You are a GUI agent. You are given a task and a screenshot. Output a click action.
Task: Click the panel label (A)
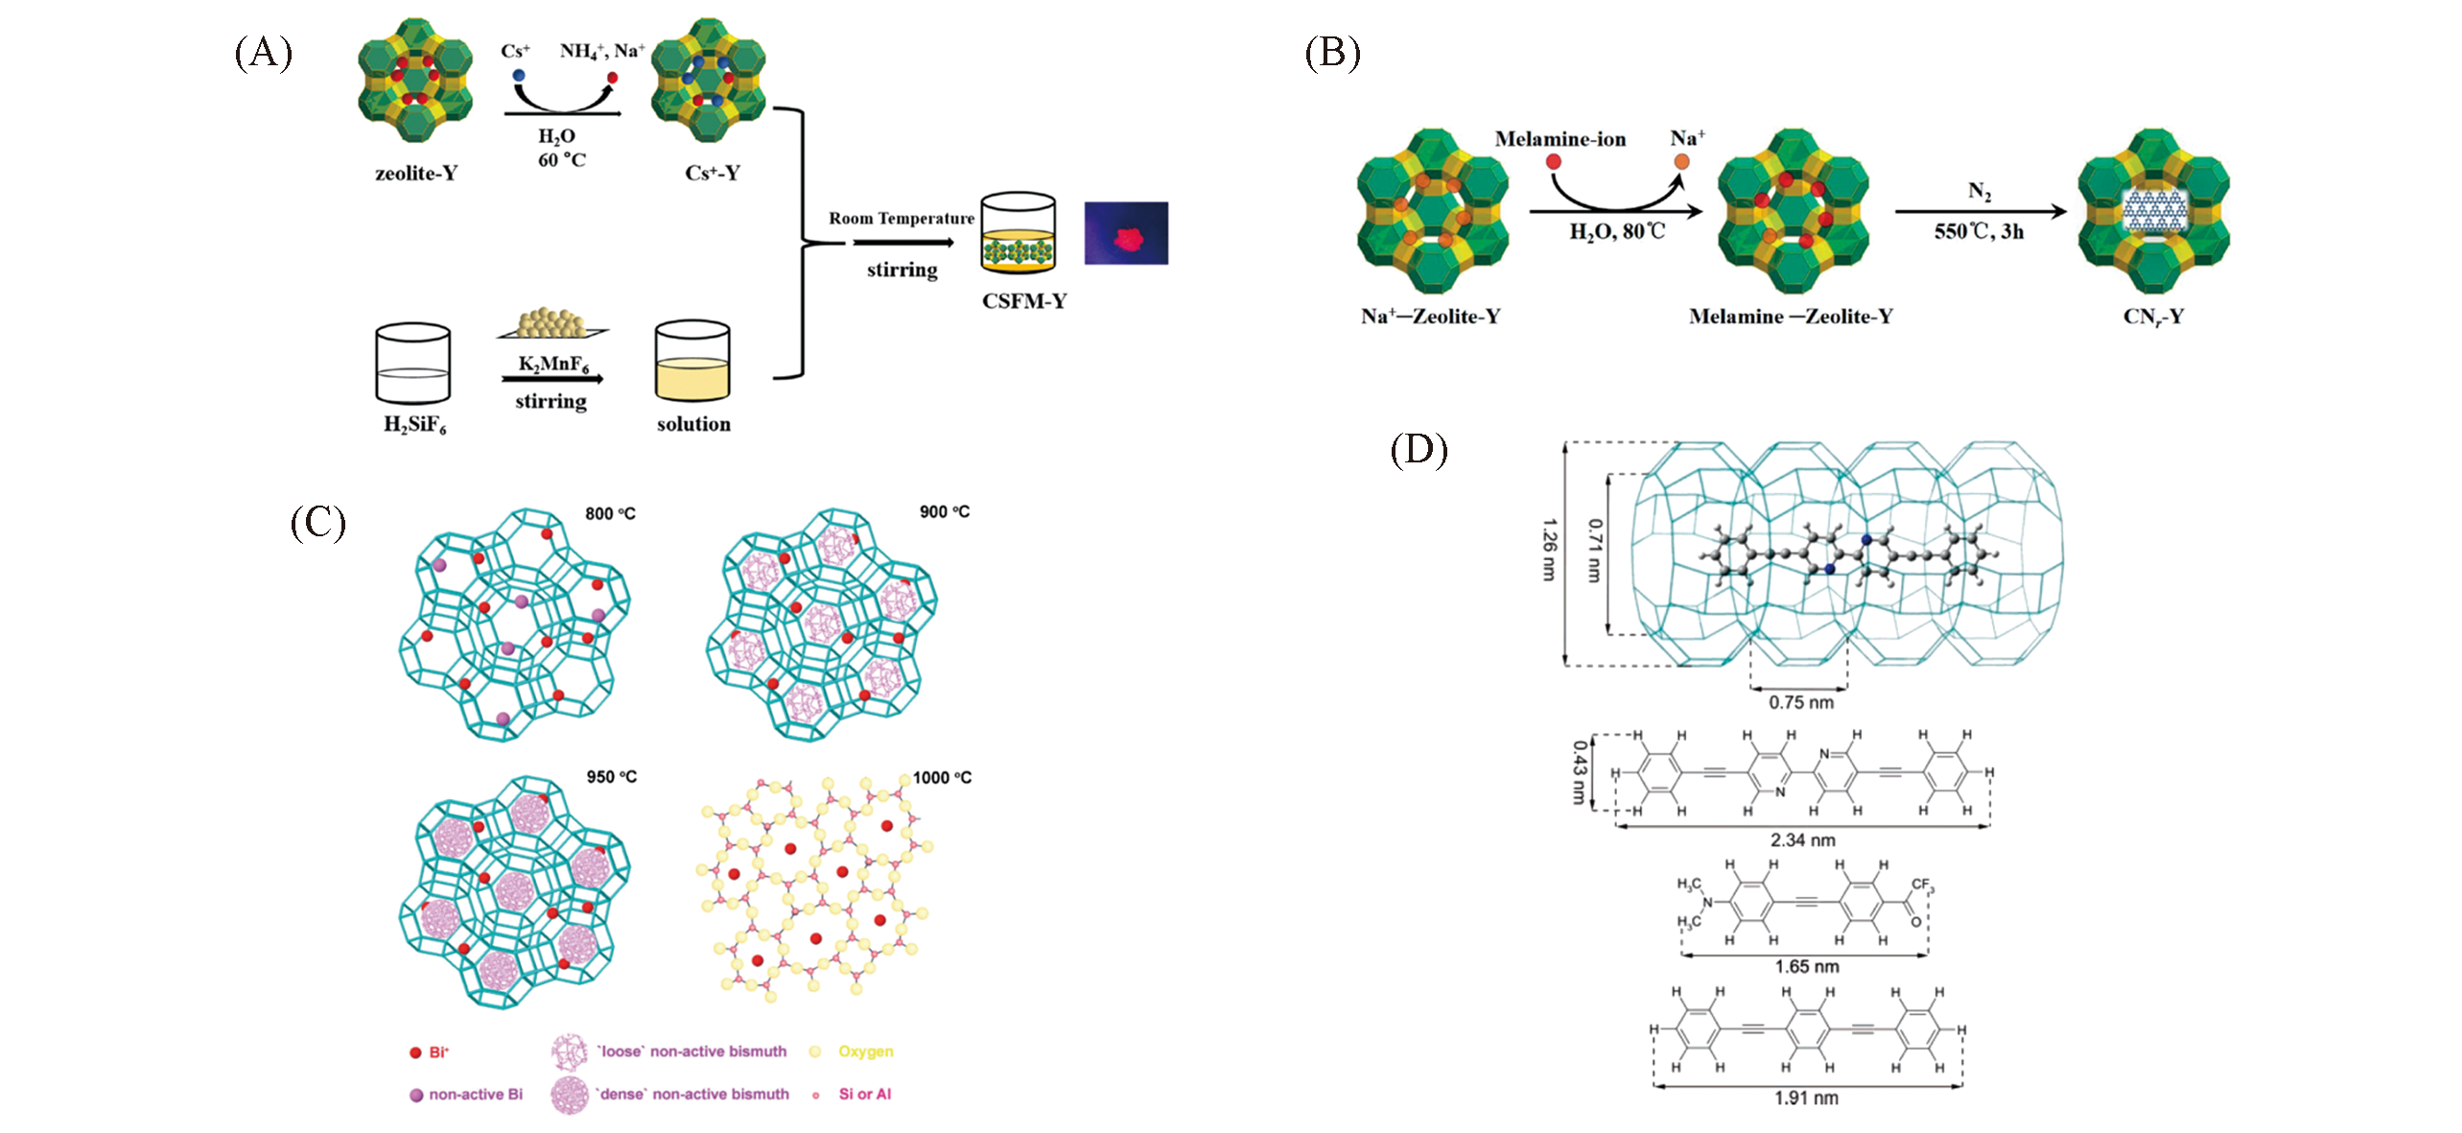[x=263, y=52]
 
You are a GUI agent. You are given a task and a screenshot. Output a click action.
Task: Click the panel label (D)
[x=1419, y=449]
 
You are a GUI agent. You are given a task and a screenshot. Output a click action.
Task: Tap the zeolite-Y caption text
[x=416, y=174]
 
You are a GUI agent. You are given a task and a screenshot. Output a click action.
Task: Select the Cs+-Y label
[x=713, y=174]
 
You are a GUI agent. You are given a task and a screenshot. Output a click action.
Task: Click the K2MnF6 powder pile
[x=551, y=323]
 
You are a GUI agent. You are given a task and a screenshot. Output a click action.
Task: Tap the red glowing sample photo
[x=1126, y=233]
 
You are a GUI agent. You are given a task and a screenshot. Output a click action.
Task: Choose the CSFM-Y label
[x=1024, y=301]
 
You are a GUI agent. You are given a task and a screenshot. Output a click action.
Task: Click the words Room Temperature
[x=902, y=219]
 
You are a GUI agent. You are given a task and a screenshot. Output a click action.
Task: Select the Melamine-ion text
[x=1560, y=139]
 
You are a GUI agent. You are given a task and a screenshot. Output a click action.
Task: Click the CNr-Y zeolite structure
[x=2153, y=211]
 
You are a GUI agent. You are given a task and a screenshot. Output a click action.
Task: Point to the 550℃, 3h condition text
[x=1979, y=232]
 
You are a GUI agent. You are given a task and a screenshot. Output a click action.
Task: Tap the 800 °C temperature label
[x=610, y=514]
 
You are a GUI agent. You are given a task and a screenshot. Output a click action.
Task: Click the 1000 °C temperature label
[x=942, y=778]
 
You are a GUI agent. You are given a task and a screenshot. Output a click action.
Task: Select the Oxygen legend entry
[x=865, y=1051]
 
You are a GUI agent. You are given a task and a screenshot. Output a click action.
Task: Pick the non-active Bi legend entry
[x=475, y=1095]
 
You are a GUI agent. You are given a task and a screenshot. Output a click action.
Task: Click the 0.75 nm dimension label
[x=1801, y=703]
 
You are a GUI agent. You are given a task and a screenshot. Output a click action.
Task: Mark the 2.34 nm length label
[x=1803, y=840]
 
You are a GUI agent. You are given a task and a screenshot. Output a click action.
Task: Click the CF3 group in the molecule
[x=1922, y=885]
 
